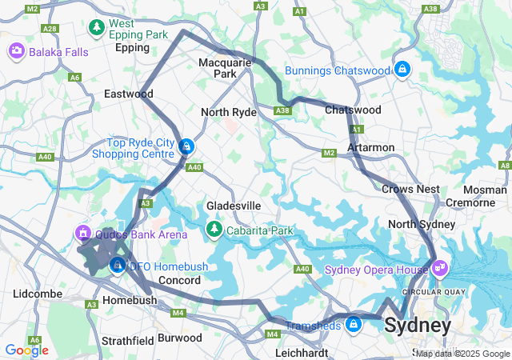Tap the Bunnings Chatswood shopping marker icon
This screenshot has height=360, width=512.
(402, 70)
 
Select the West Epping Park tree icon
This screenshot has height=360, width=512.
(97, 28)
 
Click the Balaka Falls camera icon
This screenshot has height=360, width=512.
(16, 52)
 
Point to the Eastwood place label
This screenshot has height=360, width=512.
(128, 94)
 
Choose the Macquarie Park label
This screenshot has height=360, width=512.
(225, 67)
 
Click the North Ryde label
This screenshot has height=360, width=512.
(228, 112)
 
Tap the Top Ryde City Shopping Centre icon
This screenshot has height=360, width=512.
(186, 146)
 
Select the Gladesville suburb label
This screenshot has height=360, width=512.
(234, 206)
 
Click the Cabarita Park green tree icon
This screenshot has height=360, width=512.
(214, 230)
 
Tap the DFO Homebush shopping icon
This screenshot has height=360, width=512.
(118, 265)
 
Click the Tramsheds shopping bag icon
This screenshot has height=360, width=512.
(354, 324)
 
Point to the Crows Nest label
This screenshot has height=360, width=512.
(410, 189)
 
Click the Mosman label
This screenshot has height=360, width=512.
(484, 190)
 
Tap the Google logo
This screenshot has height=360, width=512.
(26, 350)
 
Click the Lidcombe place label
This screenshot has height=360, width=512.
(38, 294)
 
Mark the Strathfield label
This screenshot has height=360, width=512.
(127, 341)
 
